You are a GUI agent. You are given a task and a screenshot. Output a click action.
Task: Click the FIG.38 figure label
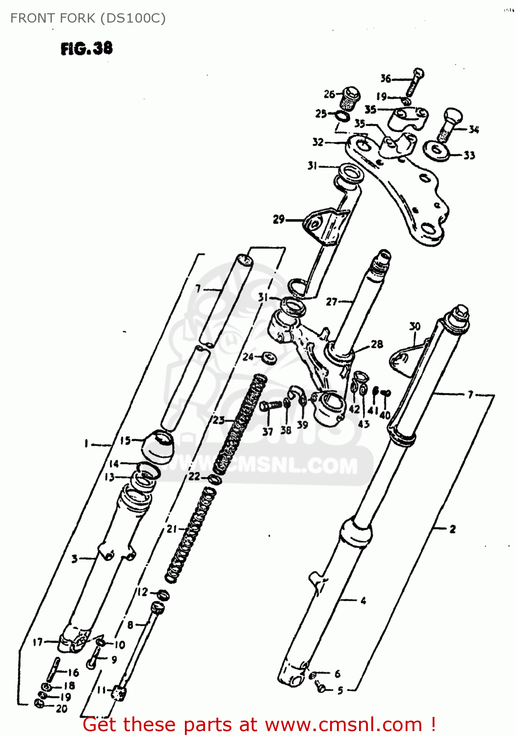tap(86, 49)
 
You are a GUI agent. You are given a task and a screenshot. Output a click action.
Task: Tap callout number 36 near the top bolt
tap(386, 79)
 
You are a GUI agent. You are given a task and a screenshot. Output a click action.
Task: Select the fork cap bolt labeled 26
tap(350, 98)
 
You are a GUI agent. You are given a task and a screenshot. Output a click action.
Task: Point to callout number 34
tap(473, 130)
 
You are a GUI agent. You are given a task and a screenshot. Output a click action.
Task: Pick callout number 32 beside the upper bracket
tap(318, 142)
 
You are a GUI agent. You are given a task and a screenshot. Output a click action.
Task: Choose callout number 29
tap(279, 219)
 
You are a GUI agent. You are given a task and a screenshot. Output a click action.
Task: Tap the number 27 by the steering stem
tap(332, 302)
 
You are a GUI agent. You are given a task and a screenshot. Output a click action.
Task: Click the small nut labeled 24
tap(269, 358)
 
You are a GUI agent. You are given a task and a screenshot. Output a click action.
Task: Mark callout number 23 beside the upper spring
tap(218, 420)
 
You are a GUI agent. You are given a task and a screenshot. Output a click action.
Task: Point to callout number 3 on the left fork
tap(75, 558)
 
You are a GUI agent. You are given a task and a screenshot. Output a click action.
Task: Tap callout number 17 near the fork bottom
tap(38, 642)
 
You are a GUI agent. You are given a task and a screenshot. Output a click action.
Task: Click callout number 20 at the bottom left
tap(61, 709)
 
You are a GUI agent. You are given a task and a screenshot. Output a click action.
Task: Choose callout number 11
tap(102, 690)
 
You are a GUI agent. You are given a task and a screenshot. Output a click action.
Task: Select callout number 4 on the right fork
tap(363, 601)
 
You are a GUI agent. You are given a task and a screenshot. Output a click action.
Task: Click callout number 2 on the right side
tap(452, 529)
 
